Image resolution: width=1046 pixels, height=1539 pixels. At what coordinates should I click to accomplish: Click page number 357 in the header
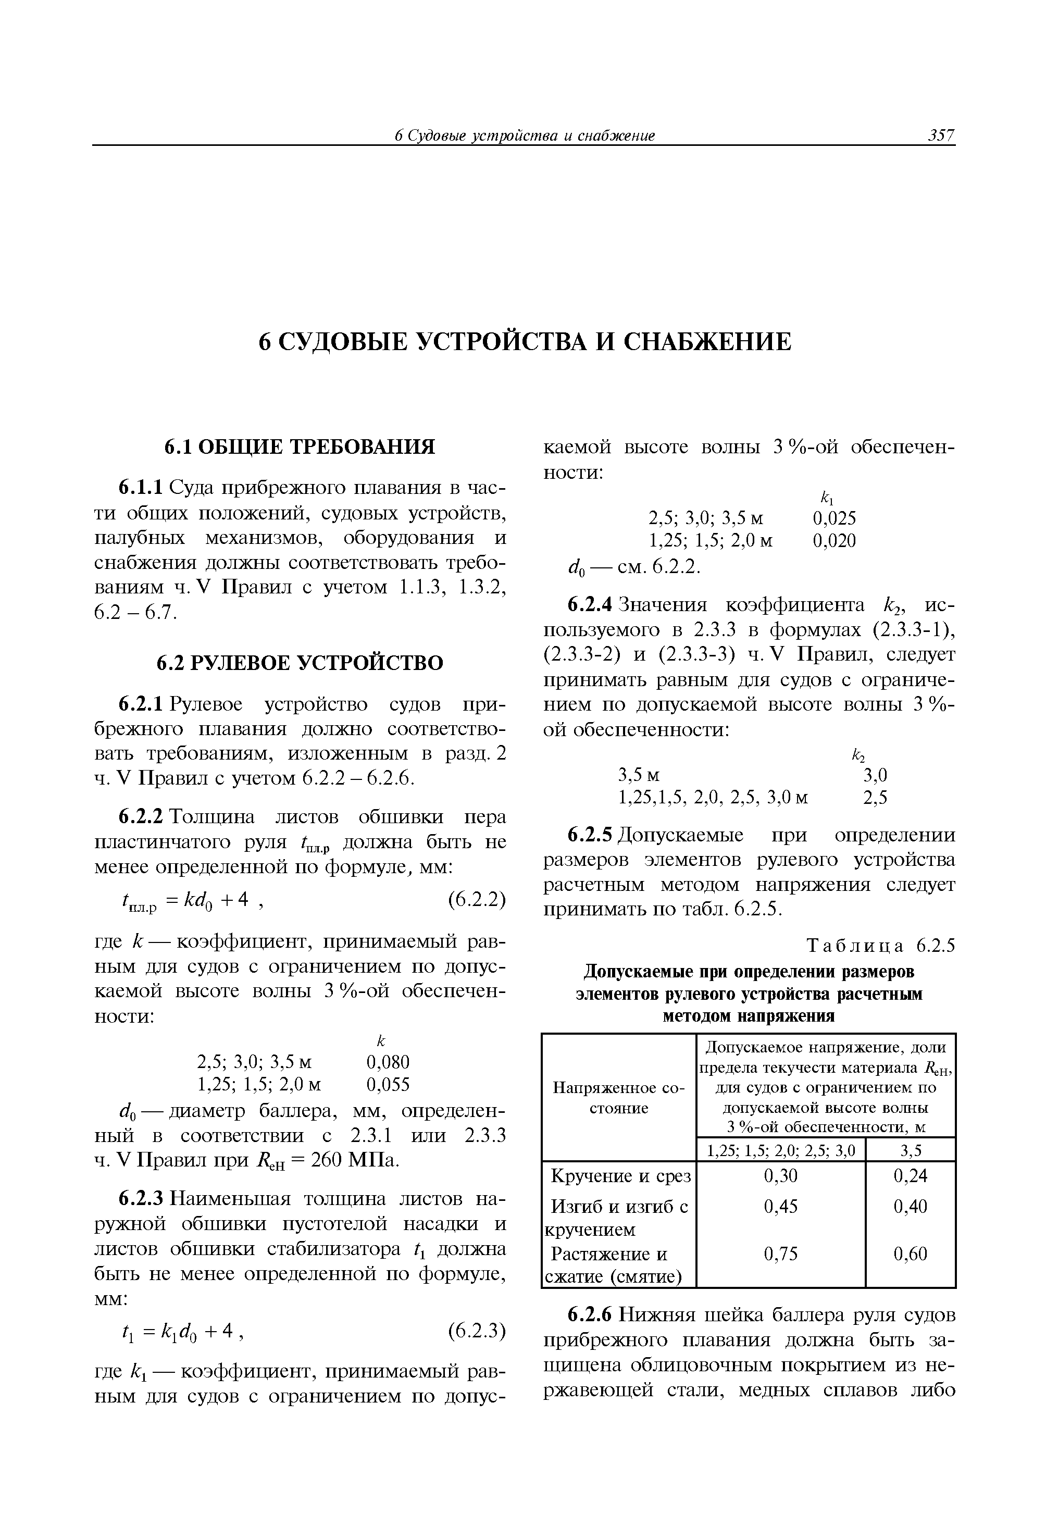(941, 136)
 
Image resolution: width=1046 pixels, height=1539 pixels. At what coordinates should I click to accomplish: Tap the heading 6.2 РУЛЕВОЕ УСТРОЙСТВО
(299, 663)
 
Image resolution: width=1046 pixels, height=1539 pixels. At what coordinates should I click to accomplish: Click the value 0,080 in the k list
(388, 1062)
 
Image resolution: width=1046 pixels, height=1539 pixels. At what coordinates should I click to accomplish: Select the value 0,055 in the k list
(388, 1085)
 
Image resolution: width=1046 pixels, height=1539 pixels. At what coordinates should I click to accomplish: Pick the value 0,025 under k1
(834, 518)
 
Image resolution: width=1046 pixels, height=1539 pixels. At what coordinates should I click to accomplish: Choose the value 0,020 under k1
(834, 541)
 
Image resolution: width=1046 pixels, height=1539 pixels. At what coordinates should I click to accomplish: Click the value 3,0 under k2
(875, 775)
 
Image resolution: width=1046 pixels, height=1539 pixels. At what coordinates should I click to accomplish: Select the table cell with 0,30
(780, 1175)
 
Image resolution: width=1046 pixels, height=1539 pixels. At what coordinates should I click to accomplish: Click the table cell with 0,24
(910, 1175)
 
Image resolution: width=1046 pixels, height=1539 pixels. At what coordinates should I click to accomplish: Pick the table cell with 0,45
(780, 1207)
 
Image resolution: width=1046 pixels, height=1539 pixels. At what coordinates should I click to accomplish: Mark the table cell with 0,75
(780, 1253)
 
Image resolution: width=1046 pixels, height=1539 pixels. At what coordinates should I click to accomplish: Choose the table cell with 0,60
(910, 1253)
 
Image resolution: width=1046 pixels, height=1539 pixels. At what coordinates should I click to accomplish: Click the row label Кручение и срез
(620, 1176)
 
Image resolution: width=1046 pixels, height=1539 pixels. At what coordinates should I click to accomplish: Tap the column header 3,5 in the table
(910, 1150)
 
